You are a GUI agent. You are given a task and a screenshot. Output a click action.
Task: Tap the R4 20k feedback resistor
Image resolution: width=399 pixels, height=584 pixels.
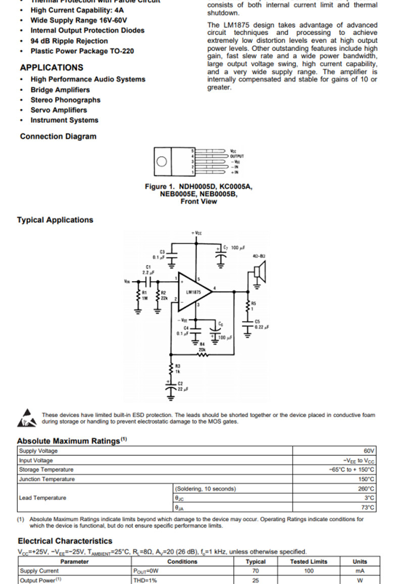pyautogui.click(x=202, y=354)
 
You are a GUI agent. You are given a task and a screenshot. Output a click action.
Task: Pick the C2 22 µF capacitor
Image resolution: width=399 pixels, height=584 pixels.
pyautogui.click(x=170, y=388)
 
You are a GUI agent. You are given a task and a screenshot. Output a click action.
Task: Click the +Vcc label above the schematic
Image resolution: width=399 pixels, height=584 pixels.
pyautogui.click(x=196, y=233)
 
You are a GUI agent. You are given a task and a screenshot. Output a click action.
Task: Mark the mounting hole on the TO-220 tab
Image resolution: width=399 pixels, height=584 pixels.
pyautogui.click(x=162, y=162)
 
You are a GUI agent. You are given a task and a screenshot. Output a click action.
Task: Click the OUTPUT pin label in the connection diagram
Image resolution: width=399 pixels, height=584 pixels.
pyautogui.click(x=236, y=156)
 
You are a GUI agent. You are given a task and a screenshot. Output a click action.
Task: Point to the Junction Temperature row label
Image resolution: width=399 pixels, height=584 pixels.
pyautogui.click(x=46, y=479)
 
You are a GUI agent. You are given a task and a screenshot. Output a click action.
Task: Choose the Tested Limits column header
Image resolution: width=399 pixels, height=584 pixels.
pyautogui.click(x=309, y=561)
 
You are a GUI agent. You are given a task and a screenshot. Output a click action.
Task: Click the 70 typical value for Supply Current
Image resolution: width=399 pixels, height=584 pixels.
pyautogui.click(x=256, y=571)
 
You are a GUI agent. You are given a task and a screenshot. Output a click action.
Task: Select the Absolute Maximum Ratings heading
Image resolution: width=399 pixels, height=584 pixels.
pyautogui.click(x=69, y=441)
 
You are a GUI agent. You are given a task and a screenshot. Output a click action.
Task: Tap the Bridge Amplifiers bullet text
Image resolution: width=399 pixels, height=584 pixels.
pyautogui.click(x=60, y=90)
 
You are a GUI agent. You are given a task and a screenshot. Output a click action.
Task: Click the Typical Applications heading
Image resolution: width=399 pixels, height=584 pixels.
pyautogui.click(x=55, y=220)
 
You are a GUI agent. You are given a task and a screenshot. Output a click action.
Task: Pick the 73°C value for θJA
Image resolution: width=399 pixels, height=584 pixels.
pyautogui.click(x=368, y=507)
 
